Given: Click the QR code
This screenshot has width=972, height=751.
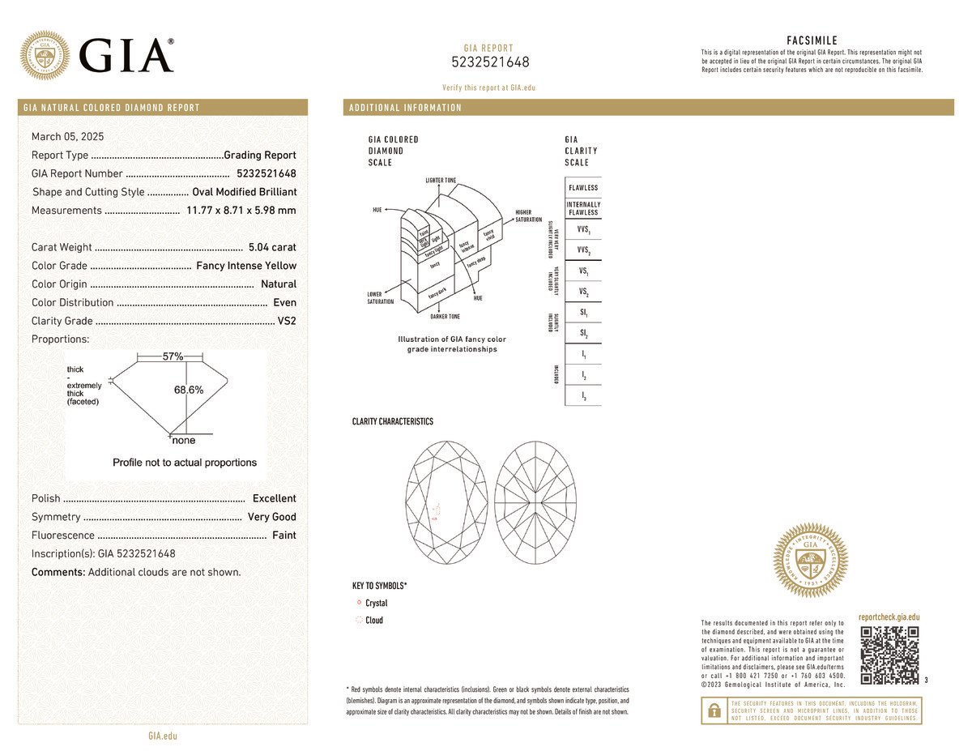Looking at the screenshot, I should (889, 655).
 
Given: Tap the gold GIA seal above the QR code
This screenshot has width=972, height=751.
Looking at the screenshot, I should (811, 560).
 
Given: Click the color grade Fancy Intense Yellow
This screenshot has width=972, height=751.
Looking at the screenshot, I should (246, 266).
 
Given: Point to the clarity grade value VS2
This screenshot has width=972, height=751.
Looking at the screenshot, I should (287, 321).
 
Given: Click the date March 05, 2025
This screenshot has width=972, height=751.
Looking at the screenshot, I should (67, 137).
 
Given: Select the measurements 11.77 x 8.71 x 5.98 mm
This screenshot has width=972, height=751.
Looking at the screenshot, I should (241, 211).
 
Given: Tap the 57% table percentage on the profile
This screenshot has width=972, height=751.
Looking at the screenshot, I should (173, 356).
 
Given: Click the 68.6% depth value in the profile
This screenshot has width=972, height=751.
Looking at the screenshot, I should (189, 390).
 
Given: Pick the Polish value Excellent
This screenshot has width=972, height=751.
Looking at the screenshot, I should (274, 498).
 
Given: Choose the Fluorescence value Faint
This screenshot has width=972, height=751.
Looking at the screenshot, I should (283, 536).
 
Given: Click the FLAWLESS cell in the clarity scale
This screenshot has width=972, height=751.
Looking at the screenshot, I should (583, 188).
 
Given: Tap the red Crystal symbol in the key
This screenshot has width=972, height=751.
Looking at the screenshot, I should (358, 603).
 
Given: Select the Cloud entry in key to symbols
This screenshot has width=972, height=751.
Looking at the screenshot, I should (373, 621).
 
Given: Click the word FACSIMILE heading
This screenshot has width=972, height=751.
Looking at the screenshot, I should (812, 41).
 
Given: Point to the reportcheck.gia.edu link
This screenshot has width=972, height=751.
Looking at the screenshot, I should (889, 617).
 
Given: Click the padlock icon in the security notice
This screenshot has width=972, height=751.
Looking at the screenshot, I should (714, 710).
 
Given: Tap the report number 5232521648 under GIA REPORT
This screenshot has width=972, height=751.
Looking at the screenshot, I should (489, 62).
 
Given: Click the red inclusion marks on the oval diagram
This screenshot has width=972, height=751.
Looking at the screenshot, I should (437, 509).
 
